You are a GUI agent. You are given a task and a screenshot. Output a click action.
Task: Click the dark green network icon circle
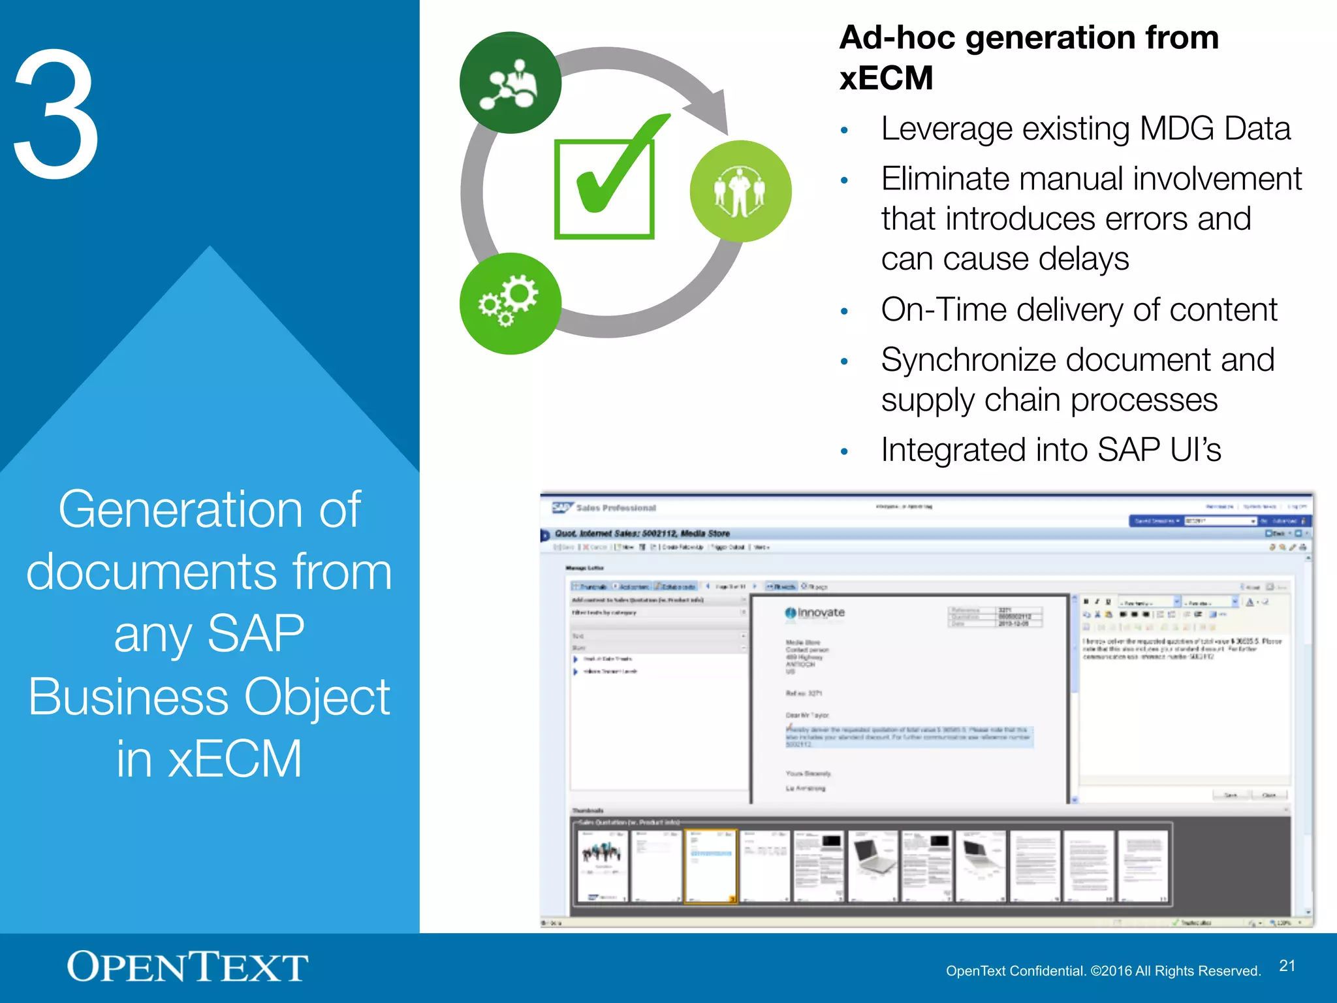(x=510, y=83)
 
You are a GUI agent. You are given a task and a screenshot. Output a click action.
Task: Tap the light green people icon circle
(x=740, y=191)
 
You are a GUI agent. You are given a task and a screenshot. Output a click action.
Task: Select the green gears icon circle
(x=510, y=304)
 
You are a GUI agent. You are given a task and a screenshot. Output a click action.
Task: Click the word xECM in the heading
(x=886, y=78)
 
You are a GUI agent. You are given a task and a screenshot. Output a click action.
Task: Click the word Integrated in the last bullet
(x=954, y=450)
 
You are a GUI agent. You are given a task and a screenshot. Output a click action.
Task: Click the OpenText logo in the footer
(x=187, y=967)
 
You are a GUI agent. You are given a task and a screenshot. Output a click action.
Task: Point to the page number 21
(x=1287, y=966)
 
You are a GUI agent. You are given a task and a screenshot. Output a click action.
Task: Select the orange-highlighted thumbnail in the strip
(x=711, y=867)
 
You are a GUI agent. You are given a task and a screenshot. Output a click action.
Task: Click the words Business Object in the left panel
(x=209, y=696)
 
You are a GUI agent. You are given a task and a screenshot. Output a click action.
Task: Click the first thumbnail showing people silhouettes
(x=602, y=867)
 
